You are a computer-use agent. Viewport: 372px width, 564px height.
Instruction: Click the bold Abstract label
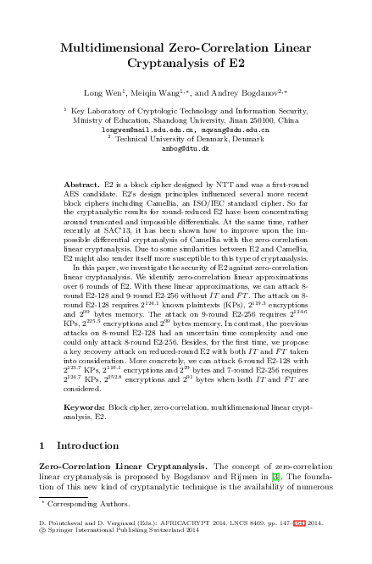pos(82,183)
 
